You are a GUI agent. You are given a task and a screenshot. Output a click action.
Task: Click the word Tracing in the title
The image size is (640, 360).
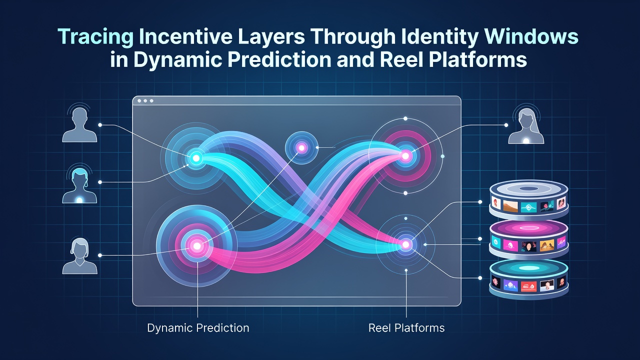[95, 37]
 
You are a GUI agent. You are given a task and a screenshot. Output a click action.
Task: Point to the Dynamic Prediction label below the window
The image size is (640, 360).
[198, 328]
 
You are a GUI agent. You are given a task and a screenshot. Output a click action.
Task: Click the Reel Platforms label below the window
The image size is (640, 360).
[406, 328]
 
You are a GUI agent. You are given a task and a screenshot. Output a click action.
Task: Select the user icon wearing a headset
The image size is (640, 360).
[79, 183]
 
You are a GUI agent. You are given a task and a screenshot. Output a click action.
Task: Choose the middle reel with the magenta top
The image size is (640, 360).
[529, 239]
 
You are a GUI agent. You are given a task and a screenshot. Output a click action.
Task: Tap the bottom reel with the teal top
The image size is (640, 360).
[529, 279]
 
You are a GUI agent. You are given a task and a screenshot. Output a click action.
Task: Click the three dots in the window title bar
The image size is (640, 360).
[145, 101]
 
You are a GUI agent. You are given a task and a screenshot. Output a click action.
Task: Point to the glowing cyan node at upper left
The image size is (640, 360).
[196, 157]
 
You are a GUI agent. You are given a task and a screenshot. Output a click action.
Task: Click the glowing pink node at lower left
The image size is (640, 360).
[197, 245]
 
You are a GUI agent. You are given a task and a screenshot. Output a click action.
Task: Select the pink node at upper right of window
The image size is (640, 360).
[405, 156]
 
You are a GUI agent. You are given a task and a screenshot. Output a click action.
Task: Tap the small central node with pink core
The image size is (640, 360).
[301, 147]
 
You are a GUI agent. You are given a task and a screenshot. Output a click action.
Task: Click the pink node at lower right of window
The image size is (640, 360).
[405, 244]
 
